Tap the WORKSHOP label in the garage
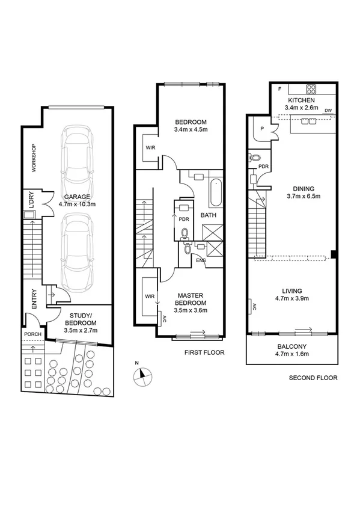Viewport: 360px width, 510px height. [x=34, y=158]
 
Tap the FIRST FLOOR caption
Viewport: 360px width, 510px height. [x=204, y=354]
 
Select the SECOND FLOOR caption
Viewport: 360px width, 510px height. [x=313, y=378]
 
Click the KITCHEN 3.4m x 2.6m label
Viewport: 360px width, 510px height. [x=303, y=104]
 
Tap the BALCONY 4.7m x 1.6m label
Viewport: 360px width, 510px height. [x=293, y=351]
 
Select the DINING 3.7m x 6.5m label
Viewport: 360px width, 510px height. [x=304, y=192]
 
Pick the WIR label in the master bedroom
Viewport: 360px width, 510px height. [x=150, y=296]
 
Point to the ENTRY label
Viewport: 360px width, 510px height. [x=34, y=299]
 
